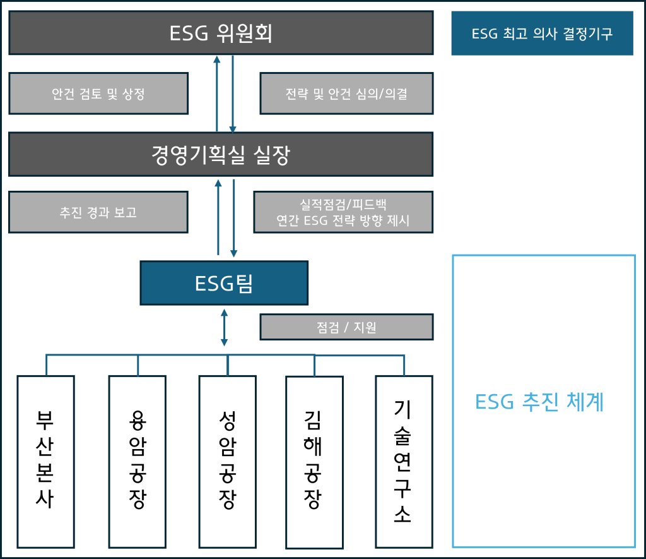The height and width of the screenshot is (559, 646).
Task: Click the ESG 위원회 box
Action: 221,33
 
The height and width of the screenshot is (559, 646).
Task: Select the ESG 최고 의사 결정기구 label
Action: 542,33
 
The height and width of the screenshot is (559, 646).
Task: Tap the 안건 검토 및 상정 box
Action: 98,94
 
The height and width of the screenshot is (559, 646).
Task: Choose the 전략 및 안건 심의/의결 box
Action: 346,94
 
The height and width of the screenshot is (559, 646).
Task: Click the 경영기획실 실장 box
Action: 221,155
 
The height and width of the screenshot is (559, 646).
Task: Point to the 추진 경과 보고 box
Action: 98,212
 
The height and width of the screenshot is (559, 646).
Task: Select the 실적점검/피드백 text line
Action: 343,205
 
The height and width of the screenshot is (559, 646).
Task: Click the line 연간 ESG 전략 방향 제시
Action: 343,221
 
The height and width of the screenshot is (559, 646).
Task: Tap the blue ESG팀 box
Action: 224,284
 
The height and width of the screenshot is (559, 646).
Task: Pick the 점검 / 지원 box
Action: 346,327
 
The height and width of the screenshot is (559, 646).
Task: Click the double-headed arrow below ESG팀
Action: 224,327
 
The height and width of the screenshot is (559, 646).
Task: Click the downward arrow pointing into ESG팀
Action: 234,219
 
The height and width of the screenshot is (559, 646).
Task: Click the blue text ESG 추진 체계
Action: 539,402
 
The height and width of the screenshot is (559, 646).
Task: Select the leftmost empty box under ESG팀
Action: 45,461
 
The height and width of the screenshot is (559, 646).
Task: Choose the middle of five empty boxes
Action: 227,461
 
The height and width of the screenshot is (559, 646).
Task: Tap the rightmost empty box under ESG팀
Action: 404,461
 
